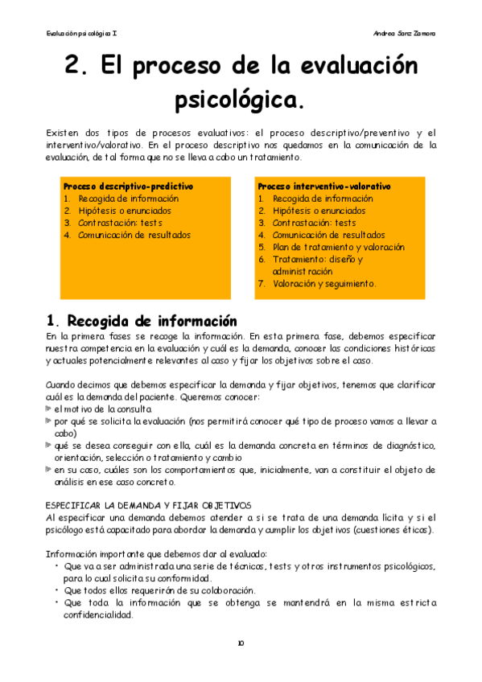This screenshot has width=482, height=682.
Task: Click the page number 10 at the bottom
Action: tap(241, 643)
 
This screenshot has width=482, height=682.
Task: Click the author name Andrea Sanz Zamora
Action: tap(406, 33)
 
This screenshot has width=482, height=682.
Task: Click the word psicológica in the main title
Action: tap(240, 101)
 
